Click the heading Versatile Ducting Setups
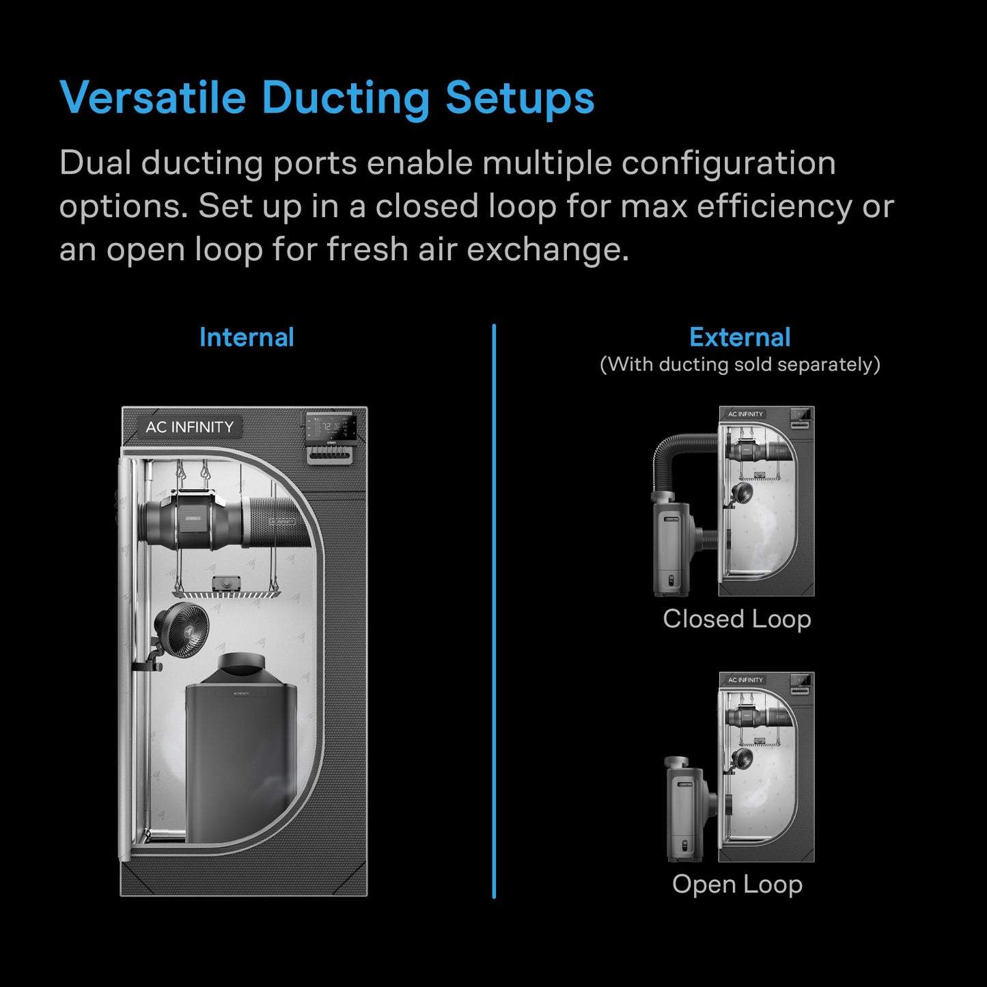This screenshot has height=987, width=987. [x=326, y=98]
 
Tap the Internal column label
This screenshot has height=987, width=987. [x=247, y=337]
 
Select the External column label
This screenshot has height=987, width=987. [x=740, y=337]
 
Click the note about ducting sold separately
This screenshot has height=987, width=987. [x=740, y=364]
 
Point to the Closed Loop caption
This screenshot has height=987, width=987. [x=737, y=619]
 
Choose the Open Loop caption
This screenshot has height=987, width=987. [x=737, y=884]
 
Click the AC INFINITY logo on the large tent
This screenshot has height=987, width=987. [x=189, y=427]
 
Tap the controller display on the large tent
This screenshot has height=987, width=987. [x=331, y=428]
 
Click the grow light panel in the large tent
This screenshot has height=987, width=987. [x=225, y=591]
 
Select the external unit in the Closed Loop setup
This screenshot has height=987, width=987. [x=673, y=546]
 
